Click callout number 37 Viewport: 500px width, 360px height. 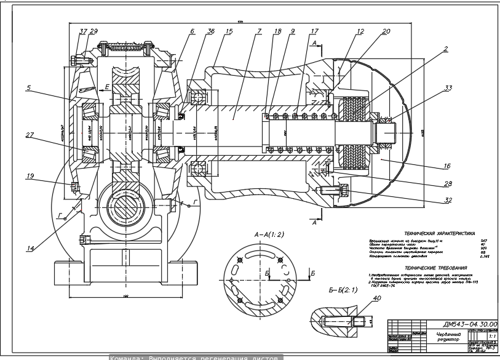83,31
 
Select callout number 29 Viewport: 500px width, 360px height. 93,31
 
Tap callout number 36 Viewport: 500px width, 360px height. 212,31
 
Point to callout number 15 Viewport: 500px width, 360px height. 229,31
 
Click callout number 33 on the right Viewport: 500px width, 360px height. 448,89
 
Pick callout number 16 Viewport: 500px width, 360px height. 447,166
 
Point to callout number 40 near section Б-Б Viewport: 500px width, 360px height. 377,299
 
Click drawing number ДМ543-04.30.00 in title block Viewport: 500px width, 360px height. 470,324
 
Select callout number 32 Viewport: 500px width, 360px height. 447,200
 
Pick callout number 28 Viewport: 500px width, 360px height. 447,183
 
